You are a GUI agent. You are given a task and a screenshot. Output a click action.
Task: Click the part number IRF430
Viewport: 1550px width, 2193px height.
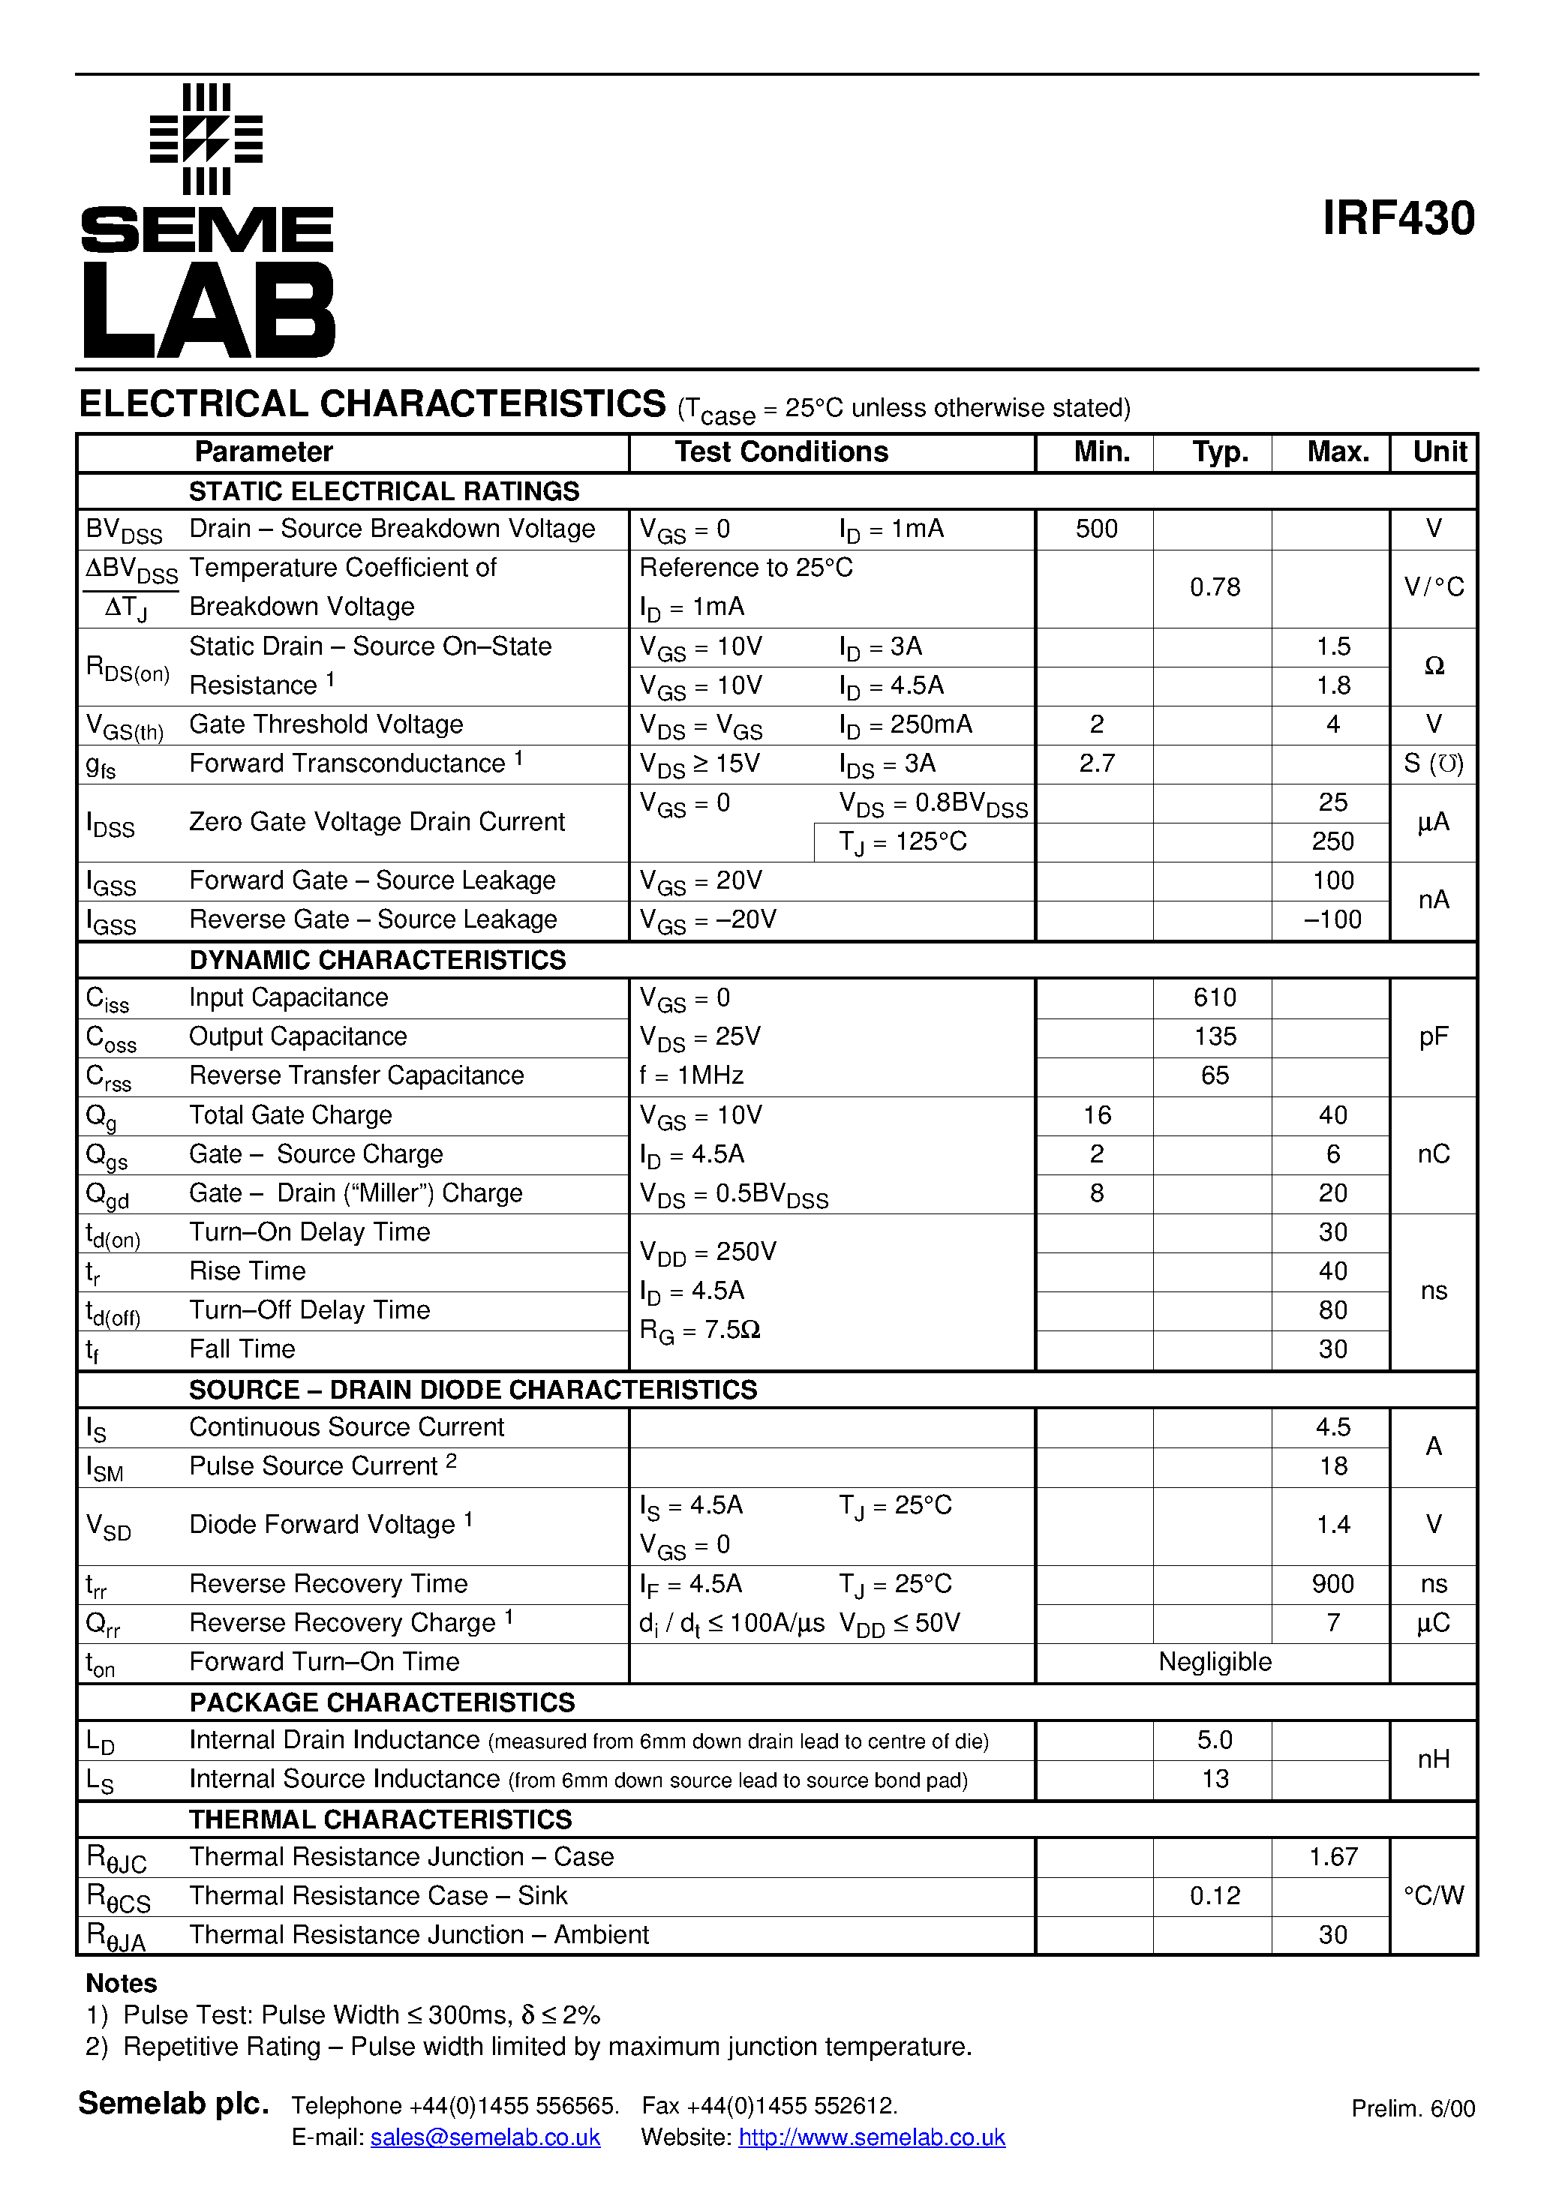(x=1398, y=219)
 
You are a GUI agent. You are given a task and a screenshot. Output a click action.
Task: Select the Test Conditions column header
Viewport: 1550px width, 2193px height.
(x=781, y=451)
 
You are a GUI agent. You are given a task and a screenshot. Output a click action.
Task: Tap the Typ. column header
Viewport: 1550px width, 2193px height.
(x=1219, y=451)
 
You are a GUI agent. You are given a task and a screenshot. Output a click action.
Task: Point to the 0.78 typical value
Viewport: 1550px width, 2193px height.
(x=1215, y=587)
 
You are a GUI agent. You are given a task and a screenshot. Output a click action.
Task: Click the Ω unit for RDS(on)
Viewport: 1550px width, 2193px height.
(x=1434, y=666)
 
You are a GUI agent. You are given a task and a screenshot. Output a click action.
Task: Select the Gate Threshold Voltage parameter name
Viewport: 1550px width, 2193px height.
(x=326, y=724)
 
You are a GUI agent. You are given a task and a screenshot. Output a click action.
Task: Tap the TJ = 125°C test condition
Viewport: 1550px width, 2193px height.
(x=903, y=841)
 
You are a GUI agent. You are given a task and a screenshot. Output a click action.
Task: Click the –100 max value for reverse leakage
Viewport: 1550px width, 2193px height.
(x=1332, y=919)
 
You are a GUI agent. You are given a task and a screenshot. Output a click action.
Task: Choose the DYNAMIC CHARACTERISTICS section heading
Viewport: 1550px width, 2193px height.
(x=377, y=960)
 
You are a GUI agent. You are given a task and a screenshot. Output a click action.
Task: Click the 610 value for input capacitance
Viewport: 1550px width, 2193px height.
(x=1215, y=998)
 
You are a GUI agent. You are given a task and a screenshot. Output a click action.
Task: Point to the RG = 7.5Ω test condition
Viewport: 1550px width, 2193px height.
(x=699, y=1330)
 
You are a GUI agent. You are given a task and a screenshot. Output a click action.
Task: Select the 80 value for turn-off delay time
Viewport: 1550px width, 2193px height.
(x=1332, y=1310)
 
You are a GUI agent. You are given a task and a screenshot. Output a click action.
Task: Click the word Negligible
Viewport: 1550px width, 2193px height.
(x=1215, y=1662)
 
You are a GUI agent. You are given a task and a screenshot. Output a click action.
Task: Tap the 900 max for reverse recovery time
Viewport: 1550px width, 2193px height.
(x=1332, y=1583)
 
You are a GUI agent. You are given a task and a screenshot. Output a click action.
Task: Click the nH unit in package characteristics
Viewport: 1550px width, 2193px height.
(x=1434, y=1759)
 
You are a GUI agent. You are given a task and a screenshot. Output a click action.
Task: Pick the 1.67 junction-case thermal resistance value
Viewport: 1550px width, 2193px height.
(x=1332, y=1857)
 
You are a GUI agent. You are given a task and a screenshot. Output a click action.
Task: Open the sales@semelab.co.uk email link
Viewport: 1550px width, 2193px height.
(x=485, y=2137)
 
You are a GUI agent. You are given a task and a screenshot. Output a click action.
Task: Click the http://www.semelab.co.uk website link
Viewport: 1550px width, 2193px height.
(x=872, y=2137)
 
